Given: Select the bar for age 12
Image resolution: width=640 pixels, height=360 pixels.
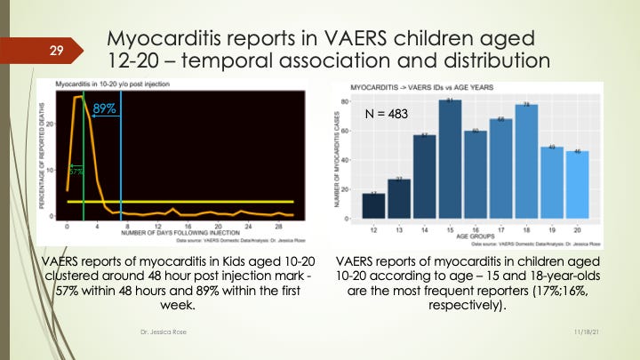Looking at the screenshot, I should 374,205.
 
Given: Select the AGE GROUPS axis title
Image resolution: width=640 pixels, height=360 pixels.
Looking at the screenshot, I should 476,237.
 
